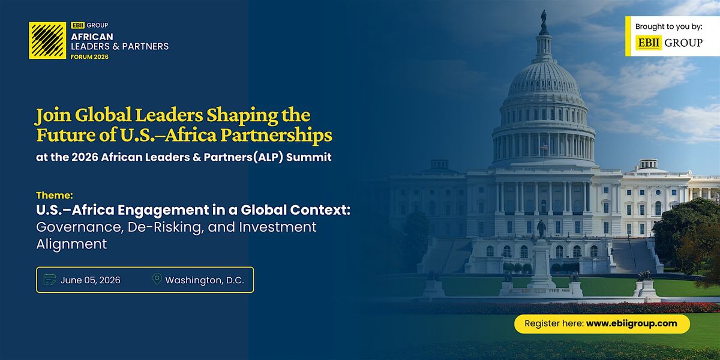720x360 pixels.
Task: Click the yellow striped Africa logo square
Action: [x=47, y=41]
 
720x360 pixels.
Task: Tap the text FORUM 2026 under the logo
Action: [x=89, y=57]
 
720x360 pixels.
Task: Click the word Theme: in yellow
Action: [x=55, y=195]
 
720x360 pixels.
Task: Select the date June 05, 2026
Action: [x=91, y=280]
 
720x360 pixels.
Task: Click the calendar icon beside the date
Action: [x=49, y=280]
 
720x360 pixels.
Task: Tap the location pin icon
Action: [x=157, y=279]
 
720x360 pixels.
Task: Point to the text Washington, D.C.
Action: [x=205, y=280]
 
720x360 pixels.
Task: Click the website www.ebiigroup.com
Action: [x=632, y=323]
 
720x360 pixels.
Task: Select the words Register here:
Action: [x=554, y=323]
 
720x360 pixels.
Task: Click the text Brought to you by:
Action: [x=669, y=26]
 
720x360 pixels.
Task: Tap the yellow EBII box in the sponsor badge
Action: [x=649, y=43]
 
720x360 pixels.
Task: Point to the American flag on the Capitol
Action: [x=544, y=148]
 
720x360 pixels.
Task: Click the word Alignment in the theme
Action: [x=71, y=244]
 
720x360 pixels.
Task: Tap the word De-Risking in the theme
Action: [x=166, y=227]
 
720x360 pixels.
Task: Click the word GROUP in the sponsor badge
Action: [x=683, y=43]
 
